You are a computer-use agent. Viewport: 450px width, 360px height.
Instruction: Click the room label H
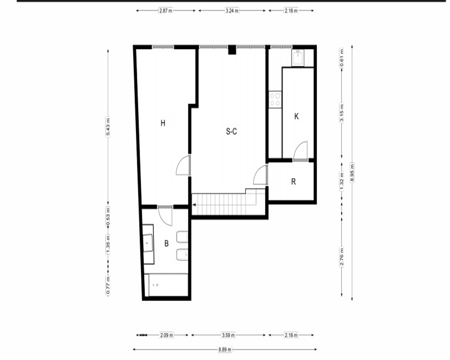(163, 123)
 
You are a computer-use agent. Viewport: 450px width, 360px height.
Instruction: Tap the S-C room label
(231, 131)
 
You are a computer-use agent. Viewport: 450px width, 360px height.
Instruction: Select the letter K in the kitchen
(297, 116)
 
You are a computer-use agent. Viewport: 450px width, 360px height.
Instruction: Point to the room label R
(293, 181)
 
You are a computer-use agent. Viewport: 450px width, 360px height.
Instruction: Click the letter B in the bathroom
(166, 243)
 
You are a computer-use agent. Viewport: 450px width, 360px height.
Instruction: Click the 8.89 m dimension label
(225, 349)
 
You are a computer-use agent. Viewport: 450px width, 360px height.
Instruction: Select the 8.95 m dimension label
(352, 172)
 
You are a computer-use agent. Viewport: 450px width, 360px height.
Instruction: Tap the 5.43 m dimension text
(108, 127)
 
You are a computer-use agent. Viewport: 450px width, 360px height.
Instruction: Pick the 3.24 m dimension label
(232, 11)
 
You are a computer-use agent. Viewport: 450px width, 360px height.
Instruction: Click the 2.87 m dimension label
(166, 11)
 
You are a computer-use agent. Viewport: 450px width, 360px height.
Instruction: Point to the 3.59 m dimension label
(229, 335)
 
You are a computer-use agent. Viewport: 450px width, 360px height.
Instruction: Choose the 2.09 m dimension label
(166, 335)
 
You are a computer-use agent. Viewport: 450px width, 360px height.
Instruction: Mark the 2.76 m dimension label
(342, 257)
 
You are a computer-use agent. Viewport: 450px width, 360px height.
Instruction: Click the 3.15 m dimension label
(342, 113)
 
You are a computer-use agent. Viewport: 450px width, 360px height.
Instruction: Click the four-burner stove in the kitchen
(275, 99)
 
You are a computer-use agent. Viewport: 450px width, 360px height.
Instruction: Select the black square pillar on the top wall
(232, 49)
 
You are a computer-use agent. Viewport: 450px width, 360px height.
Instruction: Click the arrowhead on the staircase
(194, 205)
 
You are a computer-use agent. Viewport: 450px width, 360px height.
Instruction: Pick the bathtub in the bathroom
(166, 285)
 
